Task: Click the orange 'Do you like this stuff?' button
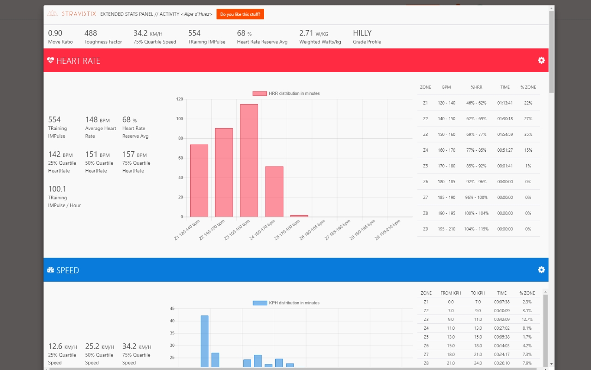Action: [240, 14]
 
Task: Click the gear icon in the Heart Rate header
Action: [541, 61]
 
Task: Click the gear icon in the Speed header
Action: [541, 270]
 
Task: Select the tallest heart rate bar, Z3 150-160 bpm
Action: [249, 160]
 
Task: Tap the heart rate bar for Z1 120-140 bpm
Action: [199, 181]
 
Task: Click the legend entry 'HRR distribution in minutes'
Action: [286, 93]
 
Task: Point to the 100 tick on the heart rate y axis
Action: [179, 119]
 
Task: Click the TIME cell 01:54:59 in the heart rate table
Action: [505, 135]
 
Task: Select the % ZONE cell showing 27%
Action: [528, 119]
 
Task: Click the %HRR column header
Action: [476, 87]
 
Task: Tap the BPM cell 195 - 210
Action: [446, 229]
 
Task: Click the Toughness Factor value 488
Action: [91, 33]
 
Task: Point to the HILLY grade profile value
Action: [362, 33]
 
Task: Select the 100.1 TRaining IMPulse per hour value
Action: [57, 189]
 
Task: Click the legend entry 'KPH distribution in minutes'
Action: [286, 303]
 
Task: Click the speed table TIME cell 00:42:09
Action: [501, 319]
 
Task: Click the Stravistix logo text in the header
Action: [78, 14]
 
